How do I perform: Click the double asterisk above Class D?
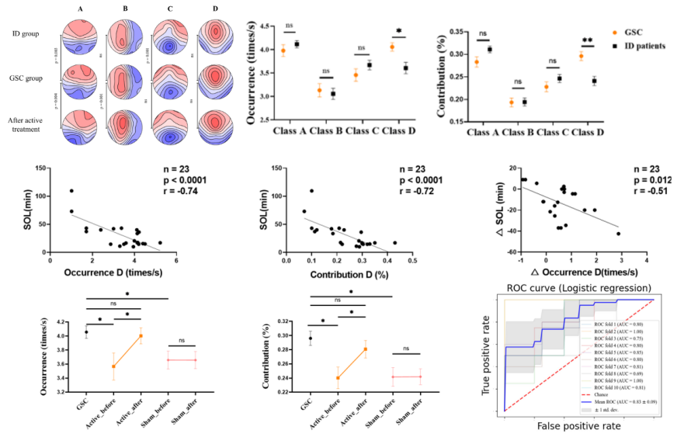pyautogui.click(x=586, y=39)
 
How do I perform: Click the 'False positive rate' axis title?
pyautogui.click(x=578, y=426)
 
